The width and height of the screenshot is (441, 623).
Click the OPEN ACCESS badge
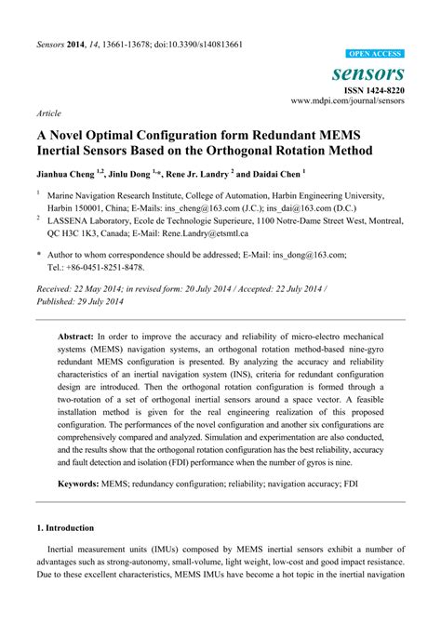[375, 55]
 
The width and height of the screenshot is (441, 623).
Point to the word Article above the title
[49, 113]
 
